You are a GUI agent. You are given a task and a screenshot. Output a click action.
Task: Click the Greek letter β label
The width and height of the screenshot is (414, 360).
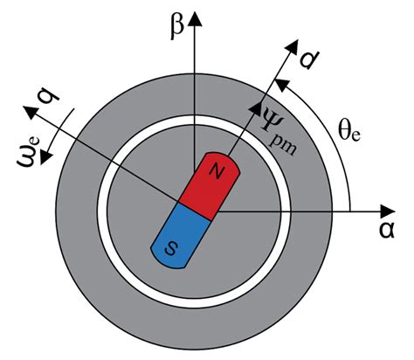point(177,27)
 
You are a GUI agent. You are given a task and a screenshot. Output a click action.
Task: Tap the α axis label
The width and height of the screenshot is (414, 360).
point(387,230)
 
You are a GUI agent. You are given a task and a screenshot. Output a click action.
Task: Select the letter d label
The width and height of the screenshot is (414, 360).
point(310,59)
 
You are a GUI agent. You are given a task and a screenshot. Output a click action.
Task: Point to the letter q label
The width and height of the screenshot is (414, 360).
point(49,98)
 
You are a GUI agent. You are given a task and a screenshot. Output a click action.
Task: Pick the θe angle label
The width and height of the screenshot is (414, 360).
point(349,133)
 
